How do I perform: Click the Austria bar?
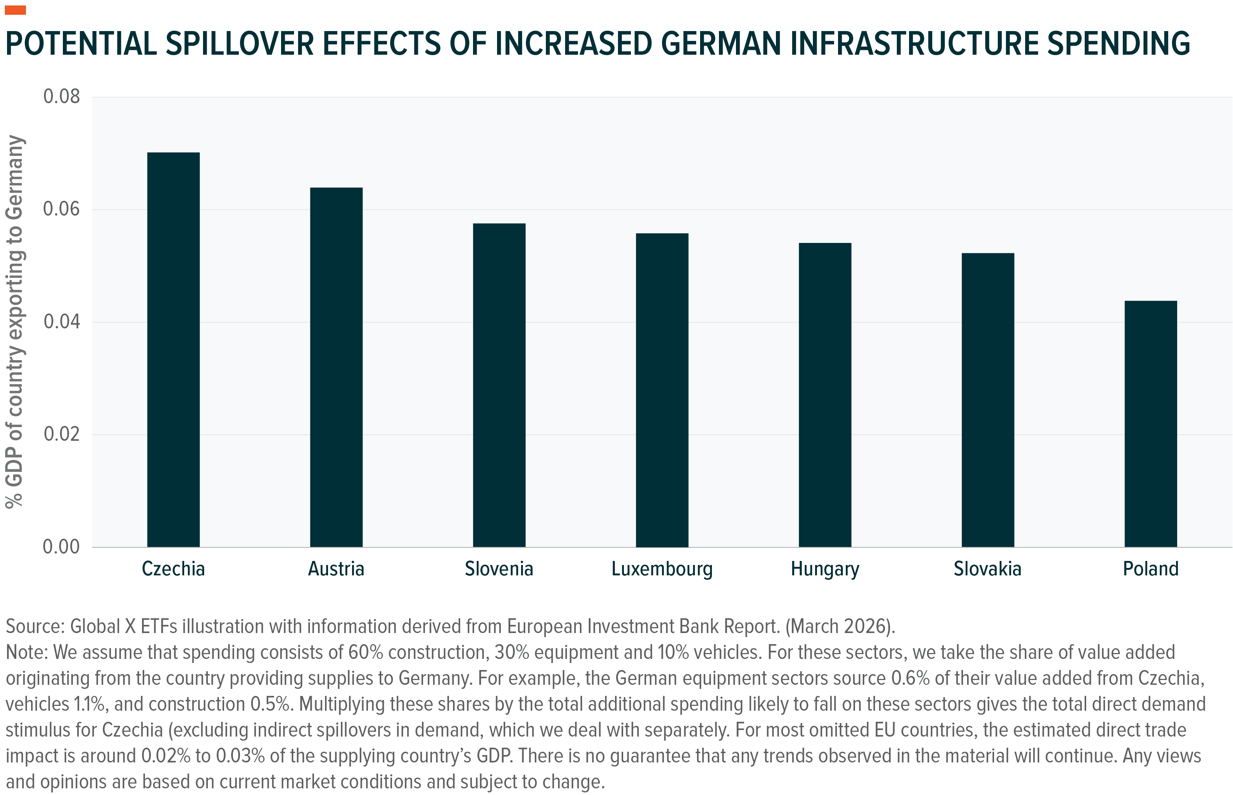(x=336, y=367)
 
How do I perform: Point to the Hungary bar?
(x=825, y=395)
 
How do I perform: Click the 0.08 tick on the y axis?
(x=61, y=97)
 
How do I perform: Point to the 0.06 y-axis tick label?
(x=61, y=209)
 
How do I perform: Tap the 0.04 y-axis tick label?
(x=61, y=322)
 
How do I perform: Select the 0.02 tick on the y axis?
(x=61, y=434)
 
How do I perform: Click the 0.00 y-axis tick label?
(x=61, y=547)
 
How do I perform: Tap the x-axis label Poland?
(x=1151, y=569)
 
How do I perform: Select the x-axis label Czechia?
(x=173, y=569)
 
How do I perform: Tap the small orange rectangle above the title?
(x=15, y=10)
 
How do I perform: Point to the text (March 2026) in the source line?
(x=840, y=626)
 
